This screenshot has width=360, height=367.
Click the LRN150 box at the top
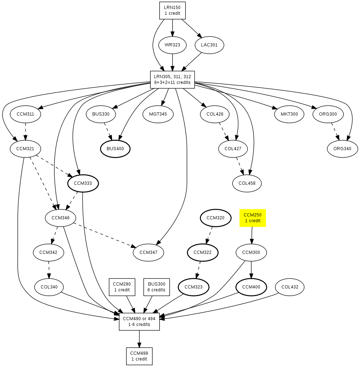[x=172, y=10]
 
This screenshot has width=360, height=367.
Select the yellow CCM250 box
[x=253, y=218]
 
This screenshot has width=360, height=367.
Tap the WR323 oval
[x=172, y=45]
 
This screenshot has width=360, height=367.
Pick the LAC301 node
[x=209, y=45]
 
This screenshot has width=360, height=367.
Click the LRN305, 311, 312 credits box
[x=172, y=80]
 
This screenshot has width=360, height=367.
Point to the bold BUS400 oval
[x=115, y=149]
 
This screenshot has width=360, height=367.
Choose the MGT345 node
[x=158, y=114]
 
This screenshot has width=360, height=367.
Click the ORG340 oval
[x=342, y=149]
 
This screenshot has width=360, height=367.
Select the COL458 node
[x=247, y=183]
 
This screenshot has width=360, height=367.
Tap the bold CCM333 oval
[x=83, y=183]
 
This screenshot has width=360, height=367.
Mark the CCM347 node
[x=148, y=252]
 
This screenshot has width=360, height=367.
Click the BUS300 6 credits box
[x=156, y=287]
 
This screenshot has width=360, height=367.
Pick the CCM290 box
[x=122, y=287]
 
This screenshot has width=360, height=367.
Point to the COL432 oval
[x=290, y=287]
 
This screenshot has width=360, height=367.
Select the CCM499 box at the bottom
[x=139, y=356]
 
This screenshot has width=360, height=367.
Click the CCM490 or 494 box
[x=139, y=322]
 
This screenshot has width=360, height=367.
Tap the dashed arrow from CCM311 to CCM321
[x=25, y=131]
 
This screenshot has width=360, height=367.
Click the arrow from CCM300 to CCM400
[x=251, y=270]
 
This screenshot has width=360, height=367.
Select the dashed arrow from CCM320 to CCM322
[x=209, y=236]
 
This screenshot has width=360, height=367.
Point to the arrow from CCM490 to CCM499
[x=139, y=339]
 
